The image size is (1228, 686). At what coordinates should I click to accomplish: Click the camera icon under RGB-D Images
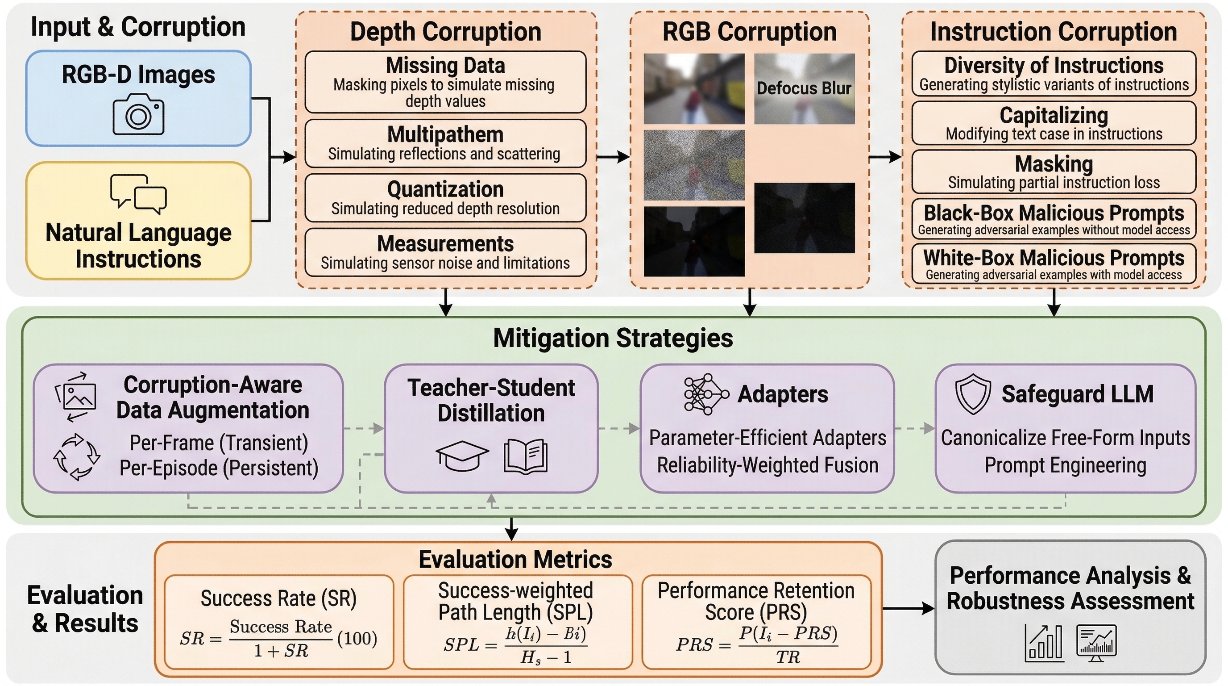coord(138,114)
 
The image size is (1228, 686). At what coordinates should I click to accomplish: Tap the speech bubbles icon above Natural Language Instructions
coord(138,194)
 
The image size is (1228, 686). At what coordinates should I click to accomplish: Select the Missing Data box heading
coord(445,65)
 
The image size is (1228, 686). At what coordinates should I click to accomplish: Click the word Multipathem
coord(445,134)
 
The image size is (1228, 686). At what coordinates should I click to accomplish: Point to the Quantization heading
coord(445,189)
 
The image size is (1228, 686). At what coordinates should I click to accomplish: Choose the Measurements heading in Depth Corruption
coord(445,244)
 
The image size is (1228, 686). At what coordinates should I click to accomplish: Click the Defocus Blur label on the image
coord(804,88)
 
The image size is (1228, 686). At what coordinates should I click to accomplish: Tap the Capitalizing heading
coord(1054,115)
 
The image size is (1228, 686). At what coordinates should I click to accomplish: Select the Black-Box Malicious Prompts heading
coord(1054,213)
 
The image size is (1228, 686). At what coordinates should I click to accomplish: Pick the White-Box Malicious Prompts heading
coord(1054,258)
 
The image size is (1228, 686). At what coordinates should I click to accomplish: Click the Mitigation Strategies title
coord(613,338)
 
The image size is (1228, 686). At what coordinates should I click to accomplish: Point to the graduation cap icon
coord(462,455)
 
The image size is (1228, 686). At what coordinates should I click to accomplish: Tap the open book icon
coord(525,456)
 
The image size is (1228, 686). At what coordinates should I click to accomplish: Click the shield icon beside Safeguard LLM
coord(973,394)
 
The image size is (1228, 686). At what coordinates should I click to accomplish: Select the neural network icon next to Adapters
coord(706,394)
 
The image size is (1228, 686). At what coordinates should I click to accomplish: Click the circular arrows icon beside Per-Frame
coord(76,456)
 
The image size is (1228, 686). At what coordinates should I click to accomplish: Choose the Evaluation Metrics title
coord(515,560)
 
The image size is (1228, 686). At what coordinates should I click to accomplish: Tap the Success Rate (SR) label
coord(278,598)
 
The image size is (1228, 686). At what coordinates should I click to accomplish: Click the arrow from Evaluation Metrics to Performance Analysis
coord(908,608)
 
